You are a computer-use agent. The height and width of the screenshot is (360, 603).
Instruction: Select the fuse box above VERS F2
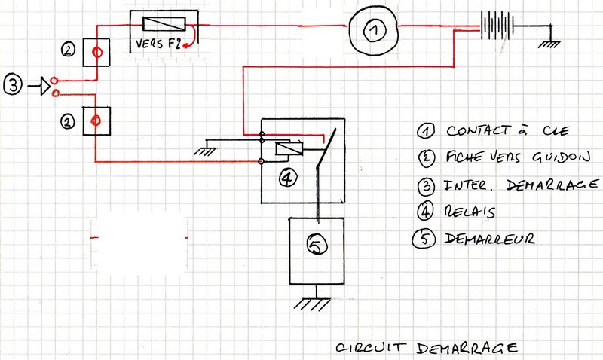coord(164,24)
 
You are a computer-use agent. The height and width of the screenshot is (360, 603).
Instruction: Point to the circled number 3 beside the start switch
coord(14,86)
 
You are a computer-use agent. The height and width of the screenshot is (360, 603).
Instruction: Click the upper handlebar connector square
coord(96,52)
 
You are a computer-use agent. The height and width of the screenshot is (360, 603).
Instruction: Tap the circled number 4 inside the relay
coord(287,178)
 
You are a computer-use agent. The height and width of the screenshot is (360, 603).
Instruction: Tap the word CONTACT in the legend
coord(472,131)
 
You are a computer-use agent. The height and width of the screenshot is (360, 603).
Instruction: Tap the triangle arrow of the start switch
coord(45,87)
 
